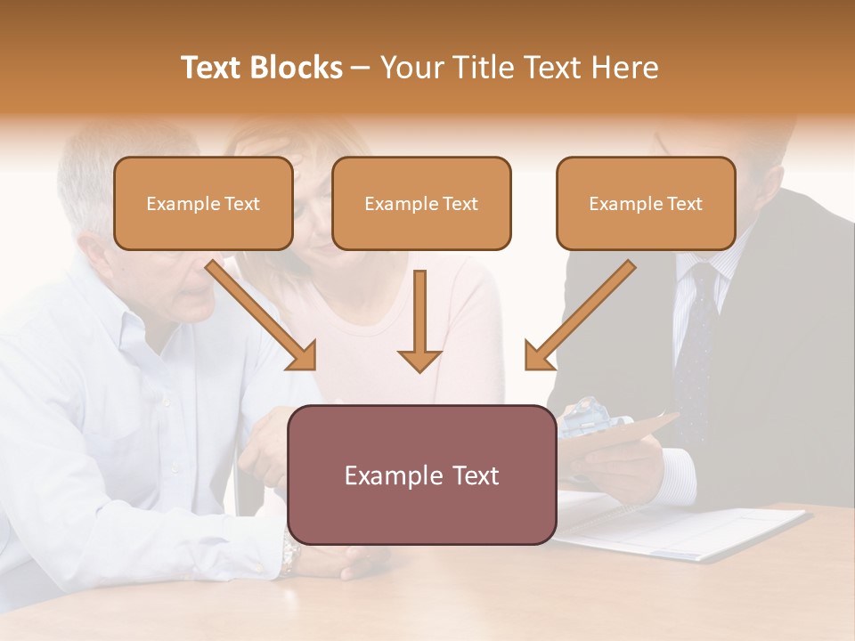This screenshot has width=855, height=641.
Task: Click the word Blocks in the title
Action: tap(298, 68)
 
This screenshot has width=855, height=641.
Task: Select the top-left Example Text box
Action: tap(203, 204)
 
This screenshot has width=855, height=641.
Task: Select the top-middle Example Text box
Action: tap(421, 204)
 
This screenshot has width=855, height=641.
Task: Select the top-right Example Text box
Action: tap(646, 204)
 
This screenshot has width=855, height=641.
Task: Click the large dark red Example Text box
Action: tap(422, 475)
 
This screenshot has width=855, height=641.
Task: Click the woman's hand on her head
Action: tap(272, 147)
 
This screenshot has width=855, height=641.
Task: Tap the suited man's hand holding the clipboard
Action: tap(623, 467)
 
